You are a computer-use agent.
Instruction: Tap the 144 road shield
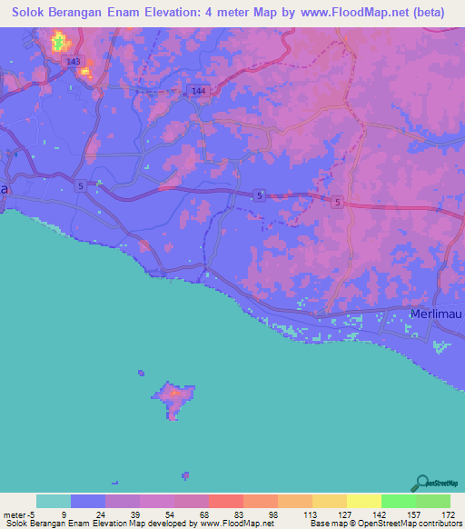point(199,91)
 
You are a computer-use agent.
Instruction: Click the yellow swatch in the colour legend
point(363,501)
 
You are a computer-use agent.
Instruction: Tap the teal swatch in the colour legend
point(54,501)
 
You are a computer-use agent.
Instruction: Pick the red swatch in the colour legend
point(225,501)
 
